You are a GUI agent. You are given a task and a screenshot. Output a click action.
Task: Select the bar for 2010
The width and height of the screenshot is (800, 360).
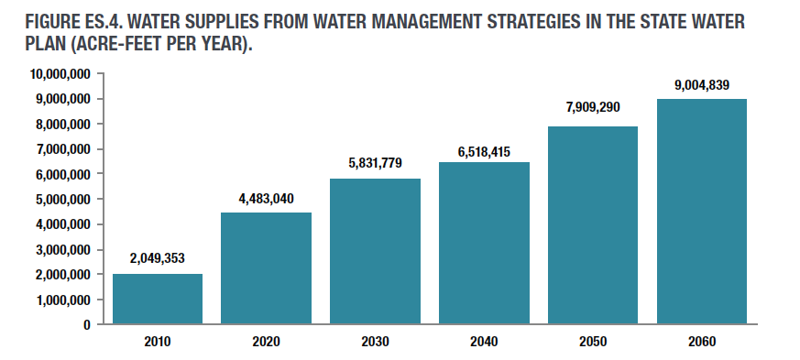coord(158,299)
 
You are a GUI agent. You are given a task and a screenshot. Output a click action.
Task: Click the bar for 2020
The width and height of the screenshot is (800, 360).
coord(266,268)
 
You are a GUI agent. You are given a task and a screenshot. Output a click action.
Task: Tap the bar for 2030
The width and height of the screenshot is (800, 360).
coord(375,251)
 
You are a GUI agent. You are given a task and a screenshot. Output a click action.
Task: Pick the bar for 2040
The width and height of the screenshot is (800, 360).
coord(484,243)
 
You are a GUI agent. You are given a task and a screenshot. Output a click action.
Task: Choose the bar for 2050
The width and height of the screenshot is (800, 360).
coord(593,225)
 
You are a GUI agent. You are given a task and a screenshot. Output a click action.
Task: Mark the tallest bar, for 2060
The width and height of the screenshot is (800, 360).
coord(702,212)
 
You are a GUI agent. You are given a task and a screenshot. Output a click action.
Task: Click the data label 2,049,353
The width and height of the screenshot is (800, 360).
coord(158,258)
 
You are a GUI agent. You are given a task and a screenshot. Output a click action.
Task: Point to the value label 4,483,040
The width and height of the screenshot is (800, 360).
coord(266,197)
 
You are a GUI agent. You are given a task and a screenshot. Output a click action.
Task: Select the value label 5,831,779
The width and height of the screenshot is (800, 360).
coord(375,163)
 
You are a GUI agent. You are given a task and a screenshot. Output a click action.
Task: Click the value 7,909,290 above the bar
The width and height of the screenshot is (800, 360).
coord(593,107)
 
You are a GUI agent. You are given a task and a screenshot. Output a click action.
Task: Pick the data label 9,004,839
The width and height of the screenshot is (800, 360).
coord(702,85)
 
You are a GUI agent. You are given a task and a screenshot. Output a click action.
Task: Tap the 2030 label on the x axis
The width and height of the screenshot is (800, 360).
coord(375,342)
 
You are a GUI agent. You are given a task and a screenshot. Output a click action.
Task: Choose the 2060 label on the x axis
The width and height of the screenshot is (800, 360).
coord(702,342)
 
